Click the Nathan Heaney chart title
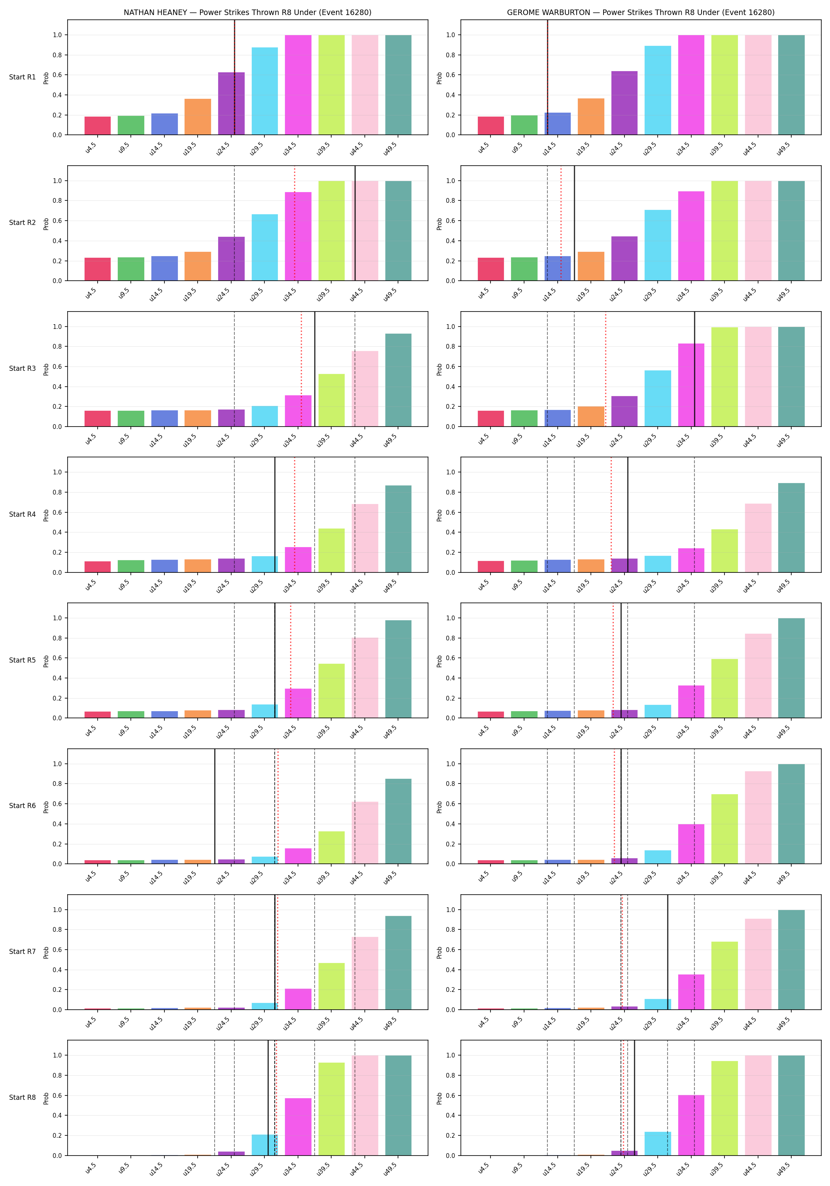click(x=247, y=12)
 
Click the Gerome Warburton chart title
click(x=640, y=12)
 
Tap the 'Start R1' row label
click(x=22, y=77)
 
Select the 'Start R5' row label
click(x=22, y=660)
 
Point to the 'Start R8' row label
click(x=22, y=1097)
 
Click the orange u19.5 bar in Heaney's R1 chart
click(x=198, y=117)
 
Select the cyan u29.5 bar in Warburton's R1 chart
click(x=658, y=91)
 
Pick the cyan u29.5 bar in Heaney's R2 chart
click(x=264, y=247)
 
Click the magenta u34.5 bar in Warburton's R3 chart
click(x=691, y=385)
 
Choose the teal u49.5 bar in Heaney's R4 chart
click(x=398, y=529)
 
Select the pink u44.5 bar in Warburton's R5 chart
click(x=758, y=676)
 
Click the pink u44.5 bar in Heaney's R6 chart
click(x=365, y=833)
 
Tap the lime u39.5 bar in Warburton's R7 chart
click(x=724, y=975)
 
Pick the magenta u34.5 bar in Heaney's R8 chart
click(x=298, y=1127)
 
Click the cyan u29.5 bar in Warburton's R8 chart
click(x=658, y=1144)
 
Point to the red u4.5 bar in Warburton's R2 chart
click(x=490, y=269)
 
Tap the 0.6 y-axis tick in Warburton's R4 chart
click(x=451, y=512)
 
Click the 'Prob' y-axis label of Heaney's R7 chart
click(x=46, y=952)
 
